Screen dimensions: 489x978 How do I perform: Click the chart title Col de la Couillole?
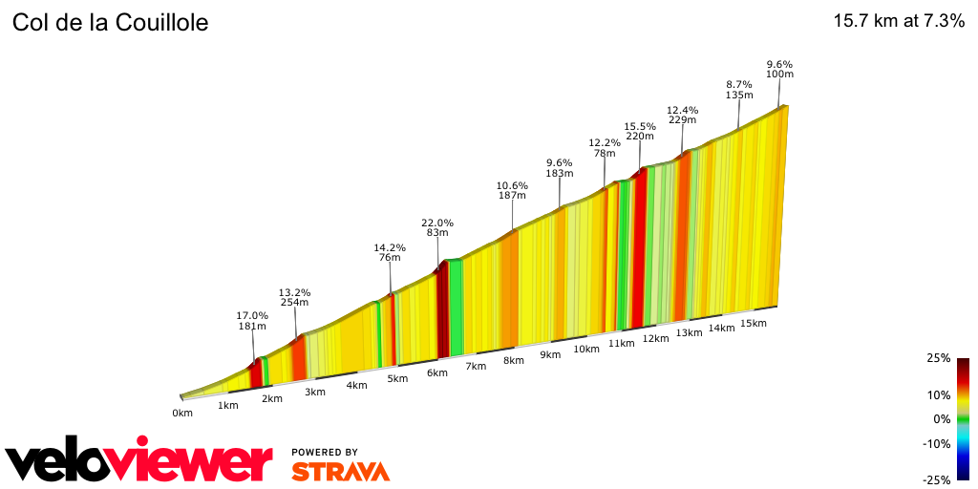(110, 22)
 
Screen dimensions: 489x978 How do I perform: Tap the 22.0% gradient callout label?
(437, 229)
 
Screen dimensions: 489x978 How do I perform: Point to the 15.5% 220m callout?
(640, 131)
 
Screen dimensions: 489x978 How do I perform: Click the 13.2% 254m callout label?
(294, 298)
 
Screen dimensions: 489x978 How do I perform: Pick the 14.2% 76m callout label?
(390, 253)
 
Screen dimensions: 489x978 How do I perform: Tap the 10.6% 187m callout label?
(512, 190)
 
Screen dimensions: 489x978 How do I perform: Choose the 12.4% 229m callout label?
(682, 115)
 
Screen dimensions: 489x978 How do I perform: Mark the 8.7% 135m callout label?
(739, 90)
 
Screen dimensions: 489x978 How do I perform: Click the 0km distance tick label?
(182, 413)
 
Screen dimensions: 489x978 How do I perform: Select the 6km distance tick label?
(436, 372)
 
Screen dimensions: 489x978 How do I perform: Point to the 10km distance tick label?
(585, 349)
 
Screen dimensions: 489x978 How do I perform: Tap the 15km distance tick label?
(754, 323)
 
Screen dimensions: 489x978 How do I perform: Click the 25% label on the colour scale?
(939, 358)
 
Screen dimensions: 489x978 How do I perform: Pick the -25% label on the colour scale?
(937, 479)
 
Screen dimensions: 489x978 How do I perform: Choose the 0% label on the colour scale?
(942, 419)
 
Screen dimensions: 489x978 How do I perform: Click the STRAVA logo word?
(340, 471)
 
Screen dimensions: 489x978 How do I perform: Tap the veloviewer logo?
(139, 463)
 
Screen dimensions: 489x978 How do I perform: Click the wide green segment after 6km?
(456, 306)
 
